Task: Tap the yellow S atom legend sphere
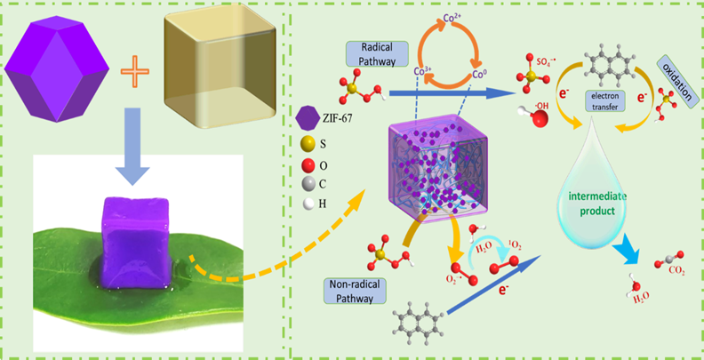[306, 142]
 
